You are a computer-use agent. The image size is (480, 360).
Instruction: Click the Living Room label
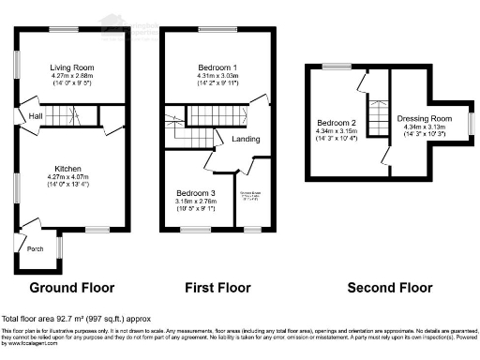70,67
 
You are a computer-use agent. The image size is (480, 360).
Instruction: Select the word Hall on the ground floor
35,115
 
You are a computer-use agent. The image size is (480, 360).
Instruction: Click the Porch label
35,248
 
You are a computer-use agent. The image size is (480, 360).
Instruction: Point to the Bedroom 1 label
217,67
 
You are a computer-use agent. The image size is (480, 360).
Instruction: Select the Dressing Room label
425,118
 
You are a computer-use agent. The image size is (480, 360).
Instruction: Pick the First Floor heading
218,287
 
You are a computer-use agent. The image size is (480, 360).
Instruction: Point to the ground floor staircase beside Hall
64,115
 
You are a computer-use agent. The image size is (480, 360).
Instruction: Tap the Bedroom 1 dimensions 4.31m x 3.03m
217,77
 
